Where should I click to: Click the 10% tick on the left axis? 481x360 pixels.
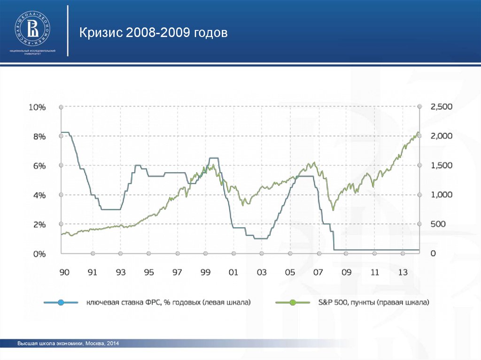pyautogui.click(x=38, y=107)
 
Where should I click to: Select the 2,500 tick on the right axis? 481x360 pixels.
pyautogui.click(x=442, y=107)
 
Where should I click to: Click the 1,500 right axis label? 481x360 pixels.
pyautogui.click(x=442, y=166)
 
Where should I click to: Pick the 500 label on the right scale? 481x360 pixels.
pyautogui.click(x=438, y=224)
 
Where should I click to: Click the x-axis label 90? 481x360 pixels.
pyautogui.click(x=64, y=273)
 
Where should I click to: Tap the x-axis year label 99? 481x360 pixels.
pyautogui.click(x=205, y=273)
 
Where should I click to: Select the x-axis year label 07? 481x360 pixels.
pyautogui.click(x=318, y=273)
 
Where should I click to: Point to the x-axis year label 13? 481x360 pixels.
pyautogui.click(x=403, y=273)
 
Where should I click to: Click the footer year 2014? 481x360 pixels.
pyautogui.click(x=113, y=344)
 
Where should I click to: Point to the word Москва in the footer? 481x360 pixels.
pyautogui.click(x=95, y=344)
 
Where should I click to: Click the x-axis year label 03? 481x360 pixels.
pyautogui.click(x=262, y=273)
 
